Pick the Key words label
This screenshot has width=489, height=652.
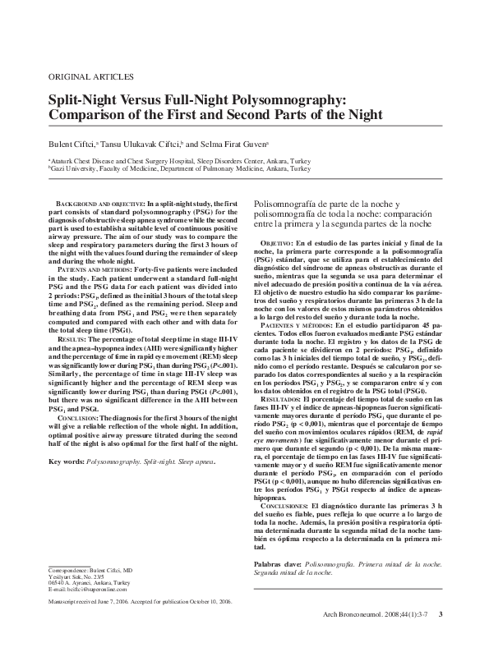(x=68, y=462)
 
